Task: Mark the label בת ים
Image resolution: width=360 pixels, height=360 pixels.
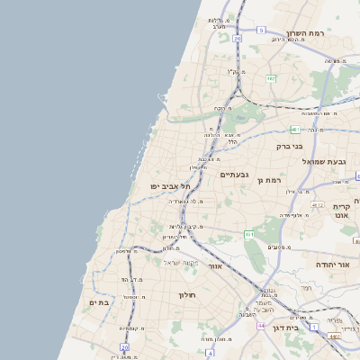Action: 98,302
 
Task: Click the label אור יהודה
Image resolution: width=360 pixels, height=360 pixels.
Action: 332,265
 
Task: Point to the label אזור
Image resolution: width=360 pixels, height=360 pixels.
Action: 214,266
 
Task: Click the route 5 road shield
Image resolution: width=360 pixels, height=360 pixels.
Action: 261,30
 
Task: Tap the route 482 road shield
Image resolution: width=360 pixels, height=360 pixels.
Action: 270,78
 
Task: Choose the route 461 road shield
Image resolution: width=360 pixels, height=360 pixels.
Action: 249,234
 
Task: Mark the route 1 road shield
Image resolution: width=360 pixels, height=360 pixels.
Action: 313,327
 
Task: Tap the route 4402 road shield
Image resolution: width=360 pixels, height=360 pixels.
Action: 334,337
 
